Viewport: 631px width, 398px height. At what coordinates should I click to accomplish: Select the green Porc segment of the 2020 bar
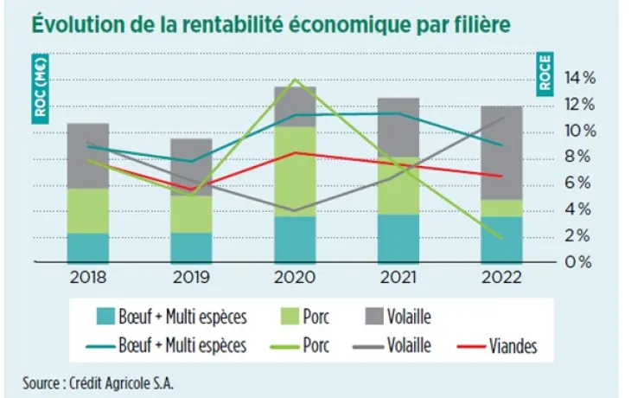tap(295, 171)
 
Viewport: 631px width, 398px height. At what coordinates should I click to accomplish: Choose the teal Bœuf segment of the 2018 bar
tap(88, 247)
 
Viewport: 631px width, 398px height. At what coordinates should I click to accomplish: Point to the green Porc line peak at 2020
tap(296, 80)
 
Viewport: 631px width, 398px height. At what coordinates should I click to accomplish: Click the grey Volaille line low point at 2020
tap(296, 210)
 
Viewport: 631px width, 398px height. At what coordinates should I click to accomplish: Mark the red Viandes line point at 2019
tap(191, 189)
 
